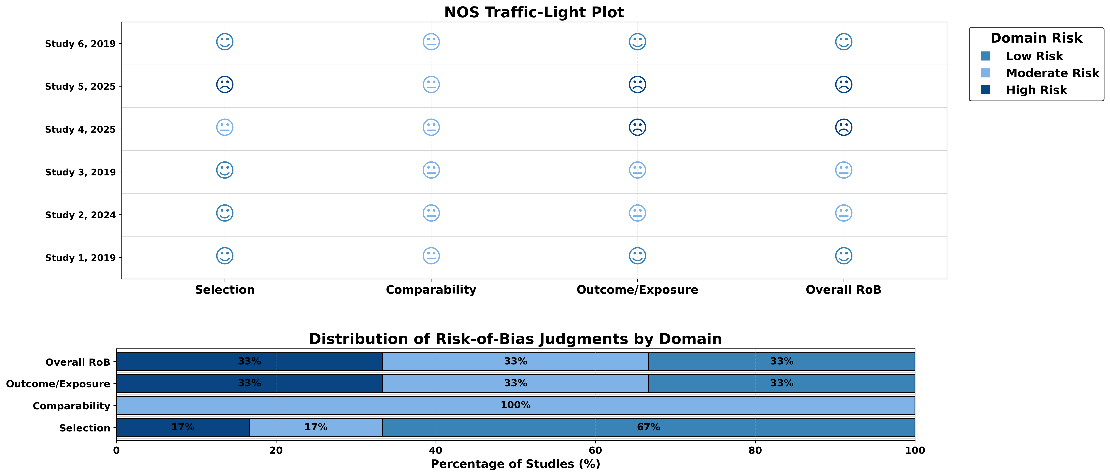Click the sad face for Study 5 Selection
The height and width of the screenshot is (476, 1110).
pos(224,84)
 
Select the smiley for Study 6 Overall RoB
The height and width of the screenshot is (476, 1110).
pos(843,42)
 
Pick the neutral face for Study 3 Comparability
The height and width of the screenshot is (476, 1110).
pos(431,170)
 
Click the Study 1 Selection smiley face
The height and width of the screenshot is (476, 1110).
pos(224,256)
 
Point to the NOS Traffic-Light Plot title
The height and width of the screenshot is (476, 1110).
pos(534,12)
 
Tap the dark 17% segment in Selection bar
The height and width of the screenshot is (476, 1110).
pos(183,427)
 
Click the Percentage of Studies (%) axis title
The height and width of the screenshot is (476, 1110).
pos(515,464)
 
